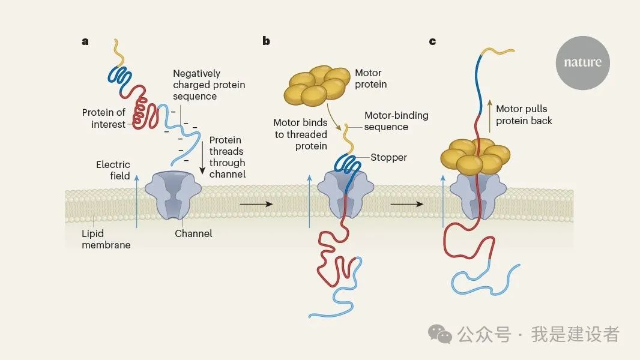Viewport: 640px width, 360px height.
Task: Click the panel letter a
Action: pyautogui.click(x=85, y=41)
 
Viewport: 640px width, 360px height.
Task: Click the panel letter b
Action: pyautogui.click(x=266, y=41)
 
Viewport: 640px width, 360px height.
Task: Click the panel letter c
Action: pyautogui.click(x=432, y=41)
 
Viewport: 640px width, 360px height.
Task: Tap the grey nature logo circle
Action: pyautogui.click(x=582, y=62)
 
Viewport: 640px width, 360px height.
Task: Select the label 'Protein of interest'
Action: pyautogui.click(x=104, y=118)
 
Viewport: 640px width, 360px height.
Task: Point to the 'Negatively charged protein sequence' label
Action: pyautogui.click(x=209, y=85)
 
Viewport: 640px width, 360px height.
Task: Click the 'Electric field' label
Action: pyautogui.click(x=113, y=170)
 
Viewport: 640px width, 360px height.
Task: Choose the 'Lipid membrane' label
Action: pyautogui.click(x=106, y=239)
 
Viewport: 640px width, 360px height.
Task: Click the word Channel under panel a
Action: pyautogui.click(x=193, y=233)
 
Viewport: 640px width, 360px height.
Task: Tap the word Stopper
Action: pyautogui.click(x=388, y=157)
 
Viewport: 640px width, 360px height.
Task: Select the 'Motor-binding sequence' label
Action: pyautogui.click(x=396, y=121)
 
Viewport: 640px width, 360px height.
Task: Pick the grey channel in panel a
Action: pyautogui.click(x=175, y=196)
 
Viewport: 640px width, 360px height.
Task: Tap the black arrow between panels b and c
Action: pyautogui.click(x=406, y=204)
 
